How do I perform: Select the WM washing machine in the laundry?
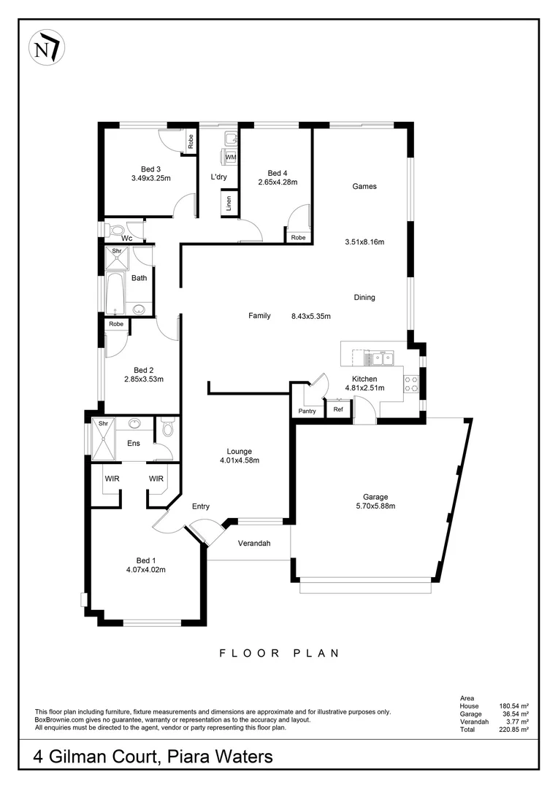tap(230, 157)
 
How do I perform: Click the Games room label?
tap(364, 186)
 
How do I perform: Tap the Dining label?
tap(364, 297)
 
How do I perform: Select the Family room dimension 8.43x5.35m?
tap(311, 316)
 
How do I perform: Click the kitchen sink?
tap(380, 358)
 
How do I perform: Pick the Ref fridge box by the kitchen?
tap(338, 410)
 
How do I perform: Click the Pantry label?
tap(307, 412)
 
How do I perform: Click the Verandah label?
tap(255, 544)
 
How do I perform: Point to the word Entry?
tap(201, 506)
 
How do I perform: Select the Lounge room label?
tap(240, 451)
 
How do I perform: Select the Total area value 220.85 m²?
tap(513, 729)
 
